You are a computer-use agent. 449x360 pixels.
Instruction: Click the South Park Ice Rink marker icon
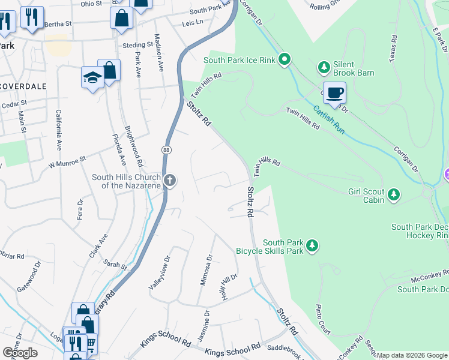pos(285,59)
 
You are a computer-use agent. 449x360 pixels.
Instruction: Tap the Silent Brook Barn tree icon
pos(324,67)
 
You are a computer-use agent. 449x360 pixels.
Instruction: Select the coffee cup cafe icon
pos(334,92)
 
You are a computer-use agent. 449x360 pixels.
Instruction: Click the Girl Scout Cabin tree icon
pos(393,194)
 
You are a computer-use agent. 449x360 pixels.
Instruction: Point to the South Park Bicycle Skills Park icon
pos(312,245)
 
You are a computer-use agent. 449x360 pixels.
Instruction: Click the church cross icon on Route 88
pos(170,180)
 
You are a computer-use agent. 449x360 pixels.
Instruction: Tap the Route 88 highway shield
pos(167,149)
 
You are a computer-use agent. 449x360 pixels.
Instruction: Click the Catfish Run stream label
pos(328,120)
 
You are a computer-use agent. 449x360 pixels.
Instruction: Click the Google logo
pos(20,352)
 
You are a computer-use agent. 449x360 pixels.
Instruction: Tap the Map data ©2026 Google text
pos(412,355)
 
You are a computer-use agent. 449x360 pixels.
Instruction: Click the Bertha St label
pos(59,24)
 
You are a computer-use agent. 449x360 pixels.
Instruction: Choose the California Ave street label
pos(59,130)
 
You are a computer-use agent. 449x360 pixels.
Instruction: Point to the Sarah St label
pos(116,265)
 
